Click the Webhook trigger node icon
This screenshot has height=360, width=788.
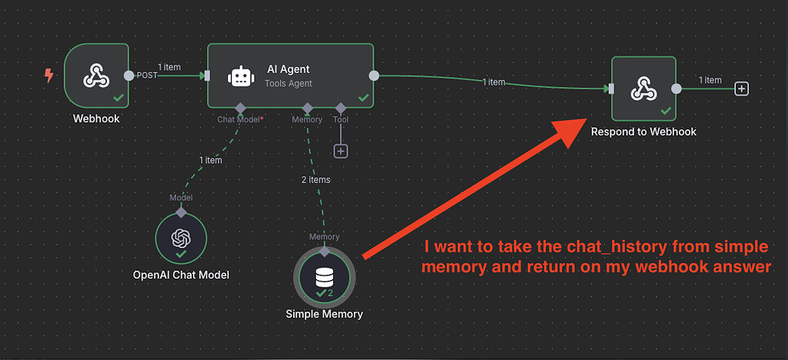coord(96,75)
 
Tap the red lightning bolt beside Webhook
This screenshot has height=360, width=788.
coord(50,75)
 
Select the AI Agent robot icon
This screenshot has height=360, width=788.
coord(241,76)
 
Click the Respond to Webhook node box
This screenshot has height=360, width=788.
coord(643,88)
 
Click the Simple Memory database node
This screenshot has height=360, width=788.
coord(324,275)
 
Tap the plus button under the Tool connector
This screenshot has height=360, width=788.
coord(341,151)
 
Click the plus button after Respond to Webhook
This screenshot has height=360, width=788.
coord(741,88)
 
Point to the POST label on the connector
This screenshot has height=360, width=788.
coord(146,75)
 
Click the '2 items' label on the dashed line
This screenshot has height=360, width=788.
coord(315,179)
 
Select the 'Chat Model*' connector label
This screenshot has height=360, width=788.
coord(240,119)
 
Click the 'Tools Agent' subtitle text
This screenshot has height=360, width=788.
coord(289,83)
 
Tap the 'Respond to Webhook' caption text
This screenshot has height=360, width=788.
coord(643,132)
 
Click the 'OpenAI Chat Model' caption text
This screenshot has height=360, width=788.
coord(181,275)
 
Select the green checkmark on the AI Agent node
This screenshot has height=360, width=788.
coord(363,97)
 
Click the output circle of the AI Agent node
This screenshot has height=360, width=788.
coord(374,75)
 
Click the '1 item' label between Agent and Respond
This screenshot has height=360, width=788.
coord(493,82)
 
